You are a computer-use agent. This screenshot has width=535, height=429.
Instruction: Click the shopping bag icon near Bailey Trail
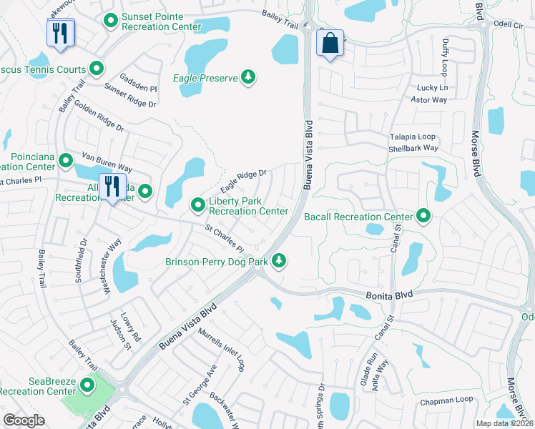(x=330, y=43)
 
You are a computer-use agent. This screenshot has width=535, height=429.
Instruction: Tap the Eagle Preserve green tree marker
(x=248, y=77)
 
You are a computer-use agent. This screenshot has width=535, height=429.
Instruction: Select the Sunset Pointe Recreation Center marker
(x=110, y=22)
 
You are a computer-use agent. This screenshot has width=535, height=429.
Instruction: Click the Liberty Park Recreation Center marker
(x=198, y=206)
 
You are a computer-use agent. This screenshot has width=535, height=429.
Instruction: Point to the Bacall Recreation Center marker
(x=423, y=215)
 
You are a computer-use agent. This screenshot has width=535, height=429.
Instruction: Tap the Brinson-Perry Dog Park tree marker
(x=280, y=262)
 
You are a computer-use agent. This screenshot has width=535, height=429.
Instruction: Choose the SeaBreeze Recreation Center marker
(x=88, y=386)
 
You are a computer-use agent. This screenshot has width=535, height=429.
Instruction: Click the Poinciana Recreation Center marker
(x=66, y=161)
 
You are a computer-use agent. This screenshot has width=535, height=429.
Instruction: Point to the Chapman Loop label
(x=446, y=400)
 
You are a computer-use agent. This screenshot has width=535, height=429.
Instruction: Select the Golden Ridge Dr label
(x=98, y=119)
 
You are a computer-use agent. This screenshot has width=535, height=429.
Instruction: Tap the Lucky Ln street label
(x=433, y=88)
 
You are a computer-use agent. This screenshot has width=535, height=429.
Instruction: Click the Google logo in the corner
(x=24, y=420)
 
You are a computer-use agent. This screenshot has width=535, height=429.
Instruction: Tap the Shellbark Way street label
(x=413, y=148)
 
